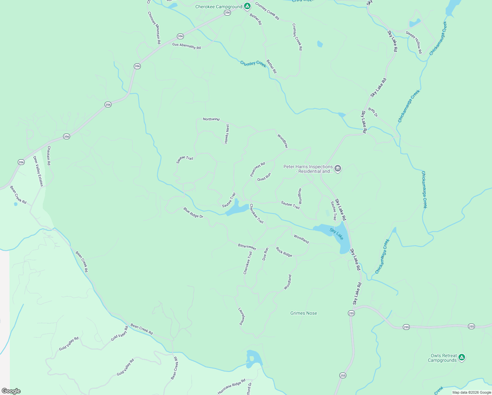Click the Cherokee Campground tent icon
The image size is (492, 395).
point(247,6)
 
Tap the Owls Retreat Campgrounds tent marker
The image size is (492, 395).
point(461,357)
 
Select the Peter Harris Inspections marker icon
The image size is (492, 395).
point(337,169)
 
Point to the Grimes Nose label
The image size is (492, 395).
point(304,313)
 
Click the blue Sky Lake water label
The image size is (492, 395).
point(336,234)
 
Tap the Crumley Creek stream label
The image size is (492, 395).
point(253,64)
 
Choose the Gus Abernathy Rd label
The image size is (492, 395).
point(186,46)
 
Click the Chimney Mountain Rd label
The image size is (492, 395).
point(154,28)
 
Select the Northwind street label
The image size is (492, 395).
point(211,119)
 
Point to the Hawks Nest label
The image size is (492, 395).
point(227,134)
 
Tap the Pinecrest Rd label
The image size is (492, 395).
point(258,169)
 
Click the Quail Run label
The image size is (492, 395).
point(264,177)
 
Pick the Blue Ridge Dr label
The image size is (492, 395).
point(193,213)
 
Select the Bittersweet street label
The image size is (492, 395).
point(247,247)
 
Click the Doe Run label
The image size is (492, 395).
point(265,254)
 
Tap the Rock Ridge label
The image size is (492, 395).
point(284,252)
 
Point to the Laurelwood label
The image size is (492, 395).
point(242,316)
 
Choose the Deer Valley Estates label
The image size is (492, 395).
point(38,171)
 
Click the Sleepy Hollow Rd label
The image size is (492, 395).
point(414,42)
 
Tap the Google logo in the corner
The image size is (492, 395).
point(11,391)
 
